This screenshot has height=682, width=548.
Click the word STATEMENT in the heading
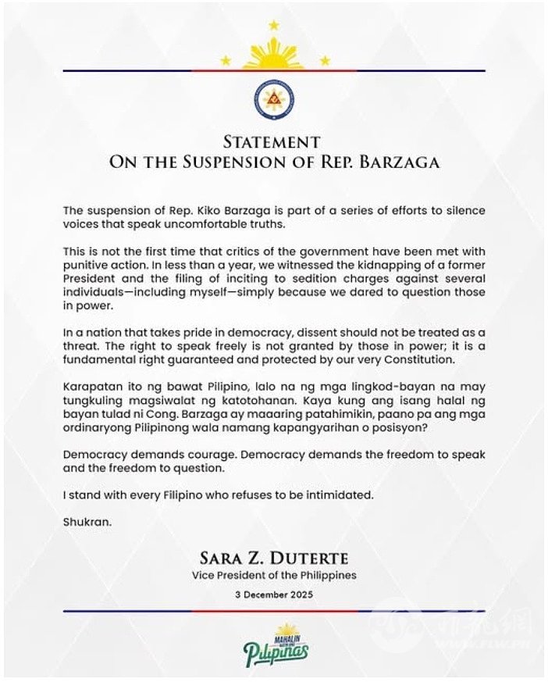(x=272, y=142)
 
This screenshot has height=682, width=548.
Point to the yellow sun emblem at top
(x=274, y=55)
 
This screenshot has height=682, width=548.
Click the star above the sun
(x=274, y=25)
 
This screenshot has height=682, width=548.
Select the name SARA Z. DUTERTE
(x=274, y=559)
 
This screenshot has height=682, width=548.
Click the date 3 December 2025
(x=274, y=595)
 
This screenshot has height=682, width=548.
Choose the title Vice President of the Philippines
(x=274, y=576)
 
